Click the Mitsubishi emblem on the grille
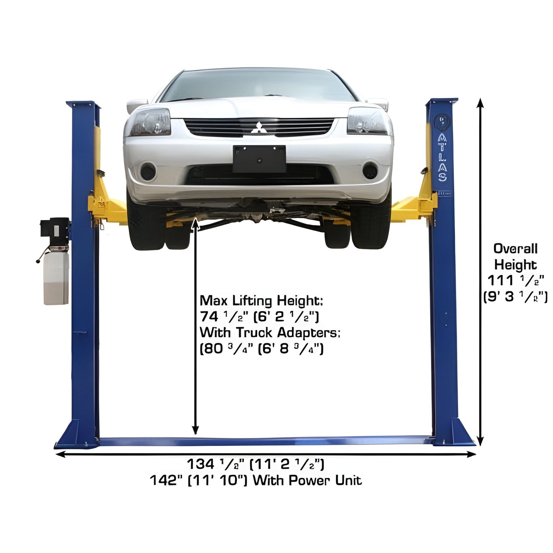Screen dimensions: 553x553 (259, 127)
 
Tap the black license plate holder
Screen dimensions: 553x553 (259, 159)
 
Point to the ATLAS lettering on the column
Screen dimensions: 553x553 (442, 157)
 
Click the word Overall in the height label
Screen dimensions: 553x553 (515, 249)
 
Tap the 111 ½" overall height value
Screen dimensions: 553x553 (515, 281)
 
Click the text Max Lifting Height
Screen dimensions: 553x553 (261, 301)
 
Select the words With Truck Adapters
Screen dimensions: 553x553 (269, 333)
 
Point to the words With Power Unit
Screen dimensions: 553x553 (307, 480)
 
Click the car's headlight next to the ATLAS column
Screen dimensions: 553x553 (367, 121)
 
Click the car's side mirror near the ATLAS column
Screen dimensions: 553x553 (379, 103)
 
